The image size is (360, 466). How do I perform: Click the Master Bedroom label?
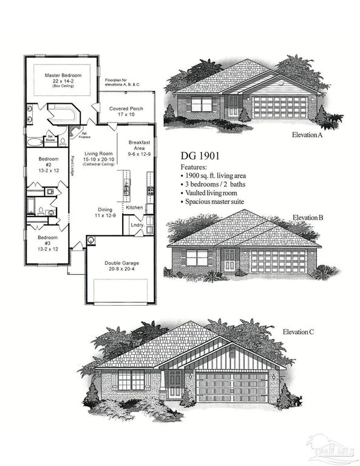pyautogui.click(x=63, y=76)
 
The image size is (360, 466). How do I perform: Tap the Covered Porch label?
pyautogui.click(x=126, y=109)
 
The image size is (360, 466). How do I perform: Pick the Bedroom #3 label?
pyautogui.click(x=49, y=241)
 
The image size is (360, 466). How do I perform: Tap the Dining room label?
pyautogui.click(x=103, y=211)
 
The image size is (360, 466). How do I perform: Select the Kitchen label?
pyautogui.click(x=134, y=208)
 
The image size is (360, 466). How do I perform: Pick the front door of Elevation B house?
pyautogui.click(x=230, y=260)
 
